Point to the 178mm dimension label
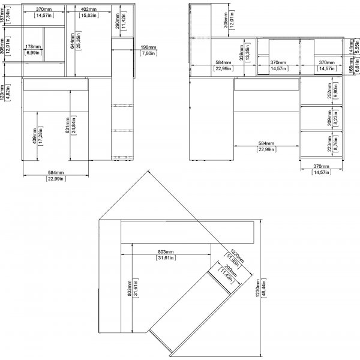click(33, 46)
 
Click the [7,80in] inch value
click(148, 53)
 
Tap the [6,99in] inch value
click(33, 52)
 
